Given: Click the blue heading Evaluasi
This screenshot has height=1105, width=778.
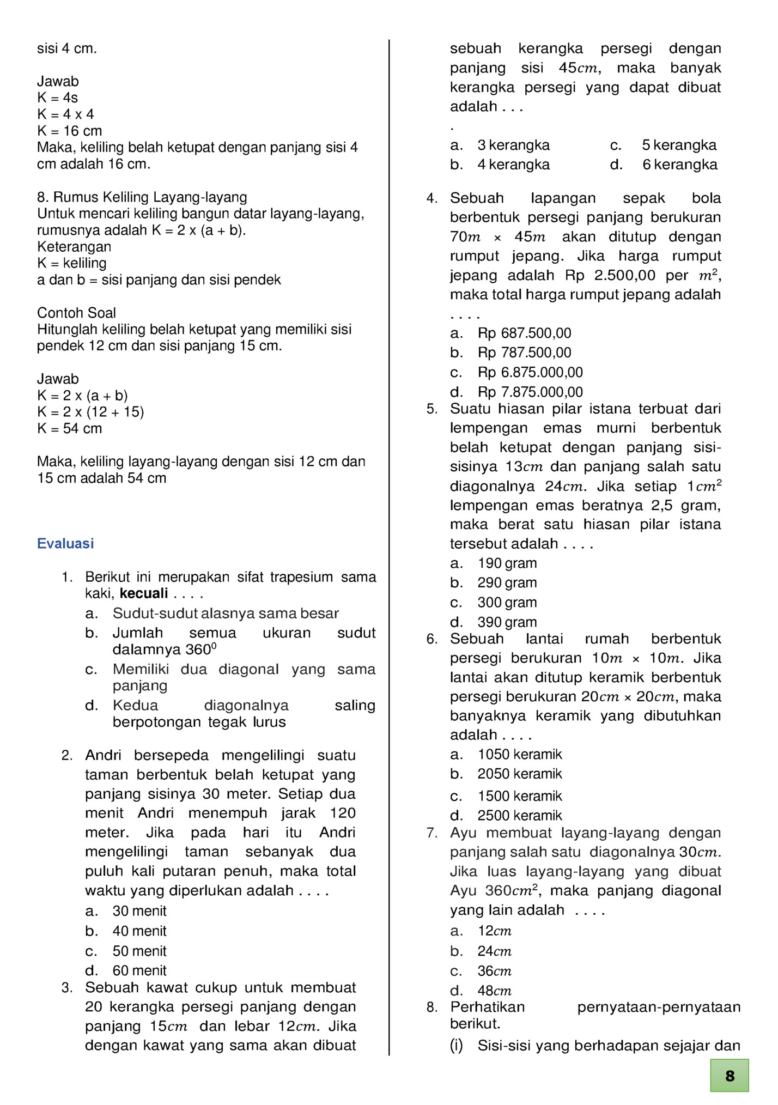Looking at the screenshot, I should (65, 543).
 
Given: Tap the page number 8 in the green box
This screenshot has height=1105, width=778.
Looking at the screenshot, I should (730, 1076).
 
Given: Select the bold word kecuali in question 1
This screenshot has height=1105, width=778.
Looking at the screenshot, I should (144, 593).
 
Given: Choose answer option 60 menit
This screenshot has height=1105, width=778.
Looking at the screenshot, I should (139, 970).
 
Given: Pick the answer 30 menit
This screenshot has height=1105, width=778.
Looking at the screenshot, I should (139, 910).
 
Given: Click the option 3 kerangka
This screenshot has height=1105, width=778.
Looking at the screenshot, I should (513, 145).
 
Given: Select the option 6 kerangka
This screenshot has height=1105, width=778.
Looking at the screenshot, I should (680, 165).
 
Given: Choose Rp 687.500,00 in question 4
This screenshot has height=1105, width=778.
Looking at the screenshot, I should (525, 333).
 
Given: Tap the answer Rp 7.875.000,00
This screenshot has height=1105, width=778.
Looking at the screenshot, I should (530, 392).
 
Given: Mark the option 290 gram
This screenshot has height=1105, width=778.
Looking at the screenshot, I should (507, 582).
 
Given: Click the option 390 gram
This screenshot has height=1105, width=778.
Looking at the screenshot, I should (507, 622).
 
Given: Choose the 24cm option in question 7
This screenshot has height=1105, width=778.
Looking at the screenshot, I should (495, 951).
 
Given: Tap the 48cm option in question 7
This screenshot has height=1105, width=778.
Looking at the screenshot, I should (495, 990).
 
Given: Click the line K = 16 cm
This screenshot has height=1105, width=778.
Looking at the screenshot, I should (69, 131).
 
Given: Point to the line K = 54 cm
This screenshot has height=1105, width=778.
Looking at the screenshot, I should (69, 428).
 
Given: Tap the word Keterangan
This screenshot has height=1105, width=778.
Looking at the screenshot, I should (74, 246).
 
